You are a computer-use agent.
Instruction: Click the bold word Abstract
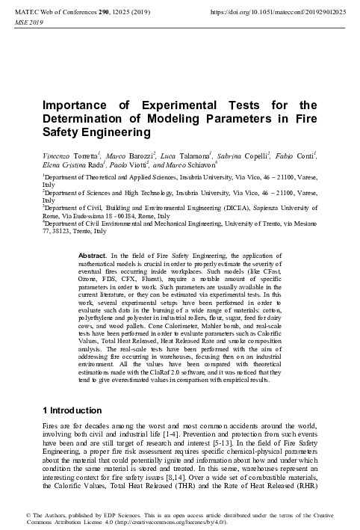(93, 256)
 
